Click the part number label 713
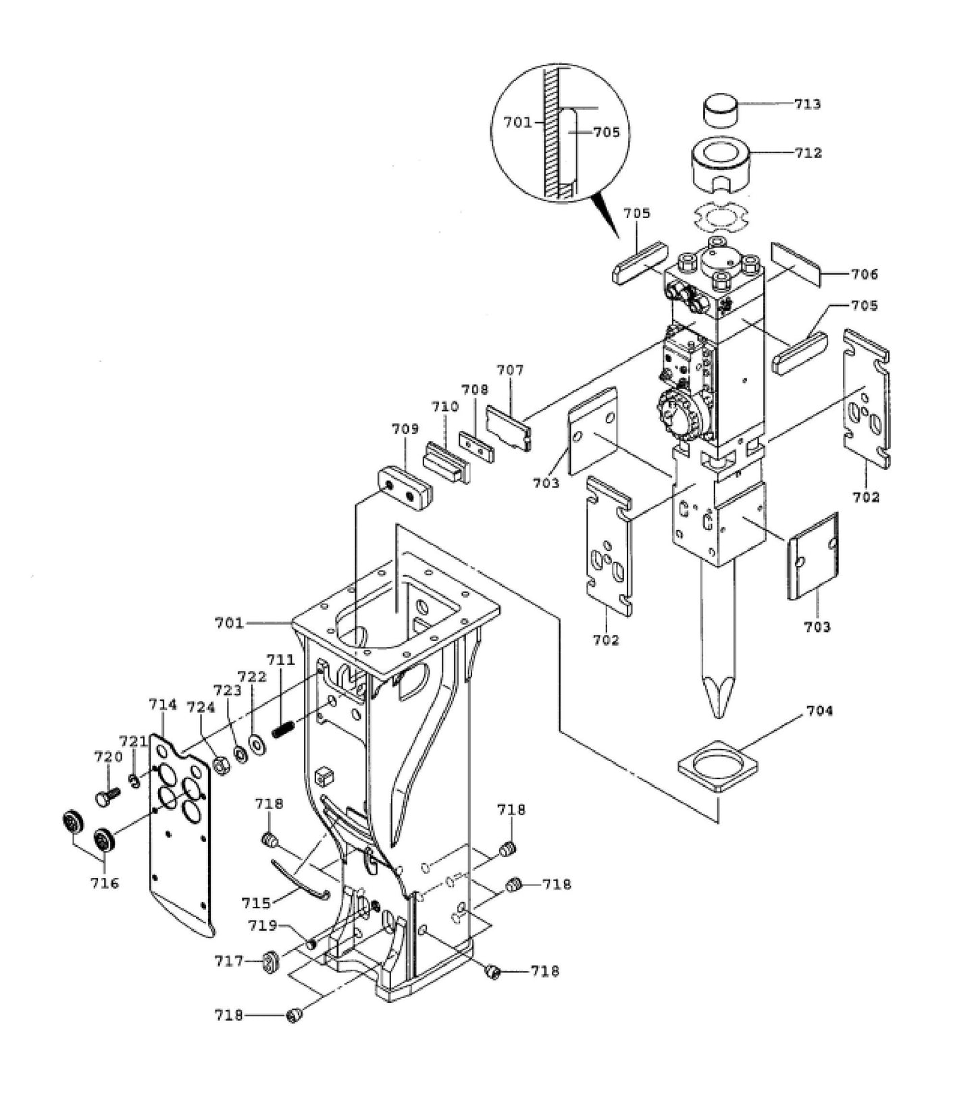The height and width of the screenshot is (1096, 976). coord(807,104)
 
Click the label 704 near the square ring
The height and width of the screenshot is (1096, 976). coord(819,710)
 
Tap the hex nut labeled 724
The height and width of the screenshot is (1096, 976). coord(220,765)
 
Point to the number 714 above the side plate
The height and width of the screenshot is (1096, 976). coord(163,705)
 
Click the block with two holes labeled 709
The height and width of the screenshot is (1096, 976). coord(404,488)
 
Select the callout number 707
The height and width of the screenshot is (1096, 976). coord(510,370)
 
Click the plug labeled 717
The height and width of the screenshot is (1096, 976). coord(271,961)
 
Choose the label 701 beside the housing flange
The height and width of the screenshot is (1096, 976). coord(229,623)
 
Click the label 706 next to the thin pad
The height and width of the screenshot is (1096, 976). coord(865,273)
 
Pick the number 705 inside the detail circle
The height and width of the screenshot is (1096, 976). coord(606,132)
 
